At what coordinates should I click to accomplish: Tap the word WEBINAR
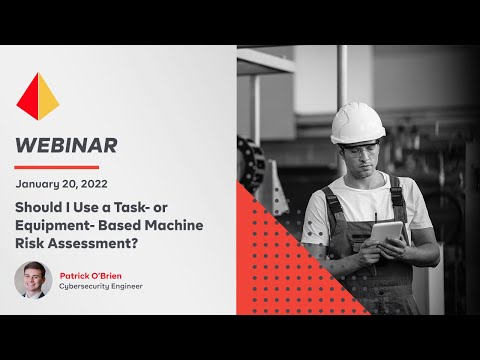coord(66,145)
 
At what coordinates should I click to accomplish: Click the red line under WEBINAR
coord(57,167)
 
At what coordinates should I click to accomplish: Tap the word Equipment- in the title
coord(51,225)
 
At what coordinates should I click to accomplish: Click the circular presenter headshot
coord(32,280)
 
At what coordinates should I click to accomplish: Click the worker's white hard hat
coord(357,122)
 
